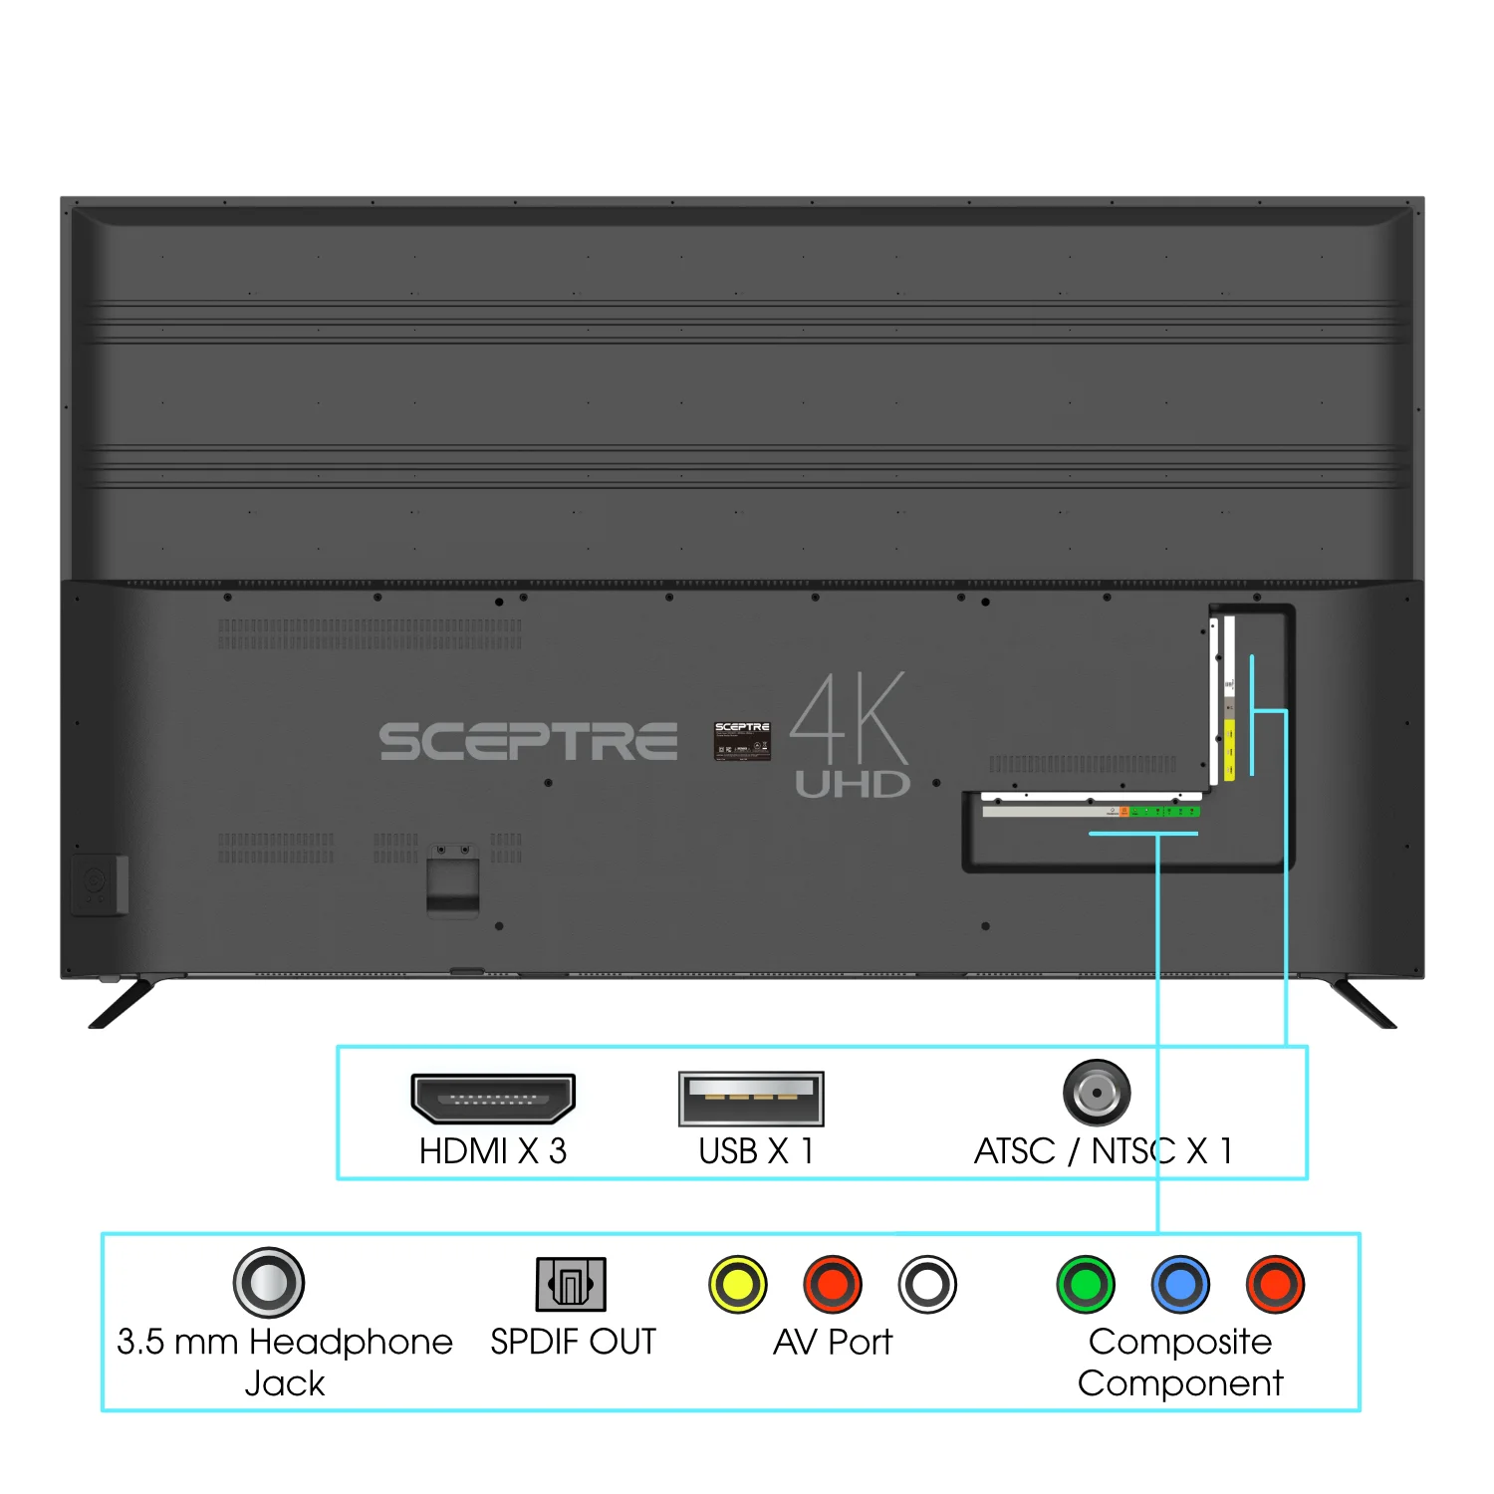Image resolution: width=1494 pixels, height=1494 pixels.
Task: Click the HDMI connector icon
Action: pos(493,1099)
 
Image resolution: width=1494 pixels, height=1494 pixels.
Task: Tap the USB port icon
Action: pos(751,1099)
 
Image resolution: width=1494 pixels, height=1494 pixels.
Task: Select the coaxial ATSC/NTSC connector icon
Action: pos(1097,1093)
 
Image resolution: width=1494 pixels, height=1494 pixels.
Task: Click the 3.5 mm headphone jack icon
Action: pos(269,1282)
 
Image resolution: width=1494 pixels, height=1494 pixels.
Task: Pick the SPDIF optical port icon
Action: pos(571,1283)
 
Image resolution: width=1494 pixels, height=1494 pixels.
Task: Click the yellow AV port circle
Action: pos(738,1284)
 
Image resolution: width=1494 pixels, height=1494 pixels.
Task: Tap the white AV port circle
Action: pos(927,1284)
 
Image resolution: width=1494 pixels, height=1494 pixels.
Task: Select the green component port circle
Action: pos(1086,1284)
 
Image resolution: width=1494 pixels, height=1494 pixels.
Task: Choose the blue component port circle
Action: pos(1180,1284)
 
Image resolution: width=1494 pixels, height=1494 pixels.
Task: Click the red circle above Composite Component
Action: pos(1275,1284)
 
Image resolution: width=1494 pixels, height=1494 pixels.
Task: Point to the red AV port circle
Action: pos(833,1284)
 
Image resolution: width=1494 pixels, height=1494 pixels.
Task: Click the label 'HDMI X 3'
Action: pos(493,1151)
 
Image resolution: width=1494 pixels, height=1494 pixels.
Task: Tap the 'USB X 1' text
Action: pos(756,1151)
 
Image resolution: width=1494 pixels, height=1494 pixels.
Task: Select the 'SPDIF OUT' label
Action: pos(573,1342)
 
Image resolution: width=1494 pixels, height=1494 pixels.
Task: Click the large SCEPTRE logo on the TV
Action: pos(528,742)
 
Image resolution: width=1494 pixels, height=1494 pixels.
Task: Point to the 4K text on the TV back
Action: pos(850,717)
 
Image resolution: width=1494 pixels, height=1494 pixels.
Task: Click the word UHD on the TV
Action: pos(853,785)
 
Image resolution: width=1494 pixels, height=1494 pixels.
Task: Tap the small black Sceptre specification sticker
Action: pos(742,741)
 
